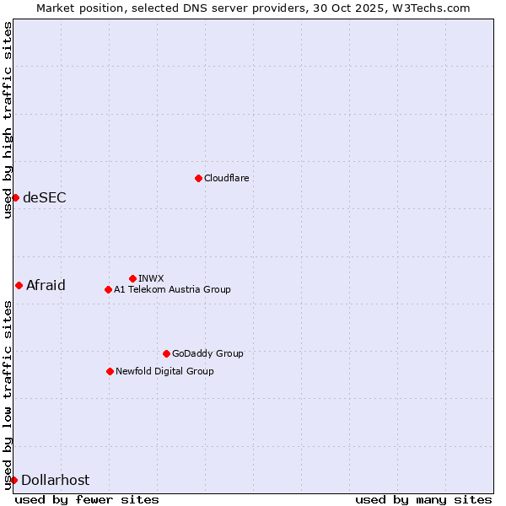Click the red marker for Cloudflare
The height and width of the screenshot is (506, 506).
[198, 178]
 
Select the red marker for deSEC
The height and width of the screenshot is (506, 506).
[15, 197]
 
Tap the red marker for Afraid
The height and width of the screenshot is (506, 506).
[19, 285]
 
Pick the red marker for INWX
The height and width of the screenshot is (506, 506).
[132, 278]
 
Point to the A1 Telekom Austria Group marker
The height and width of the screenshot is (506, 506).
[108, 289]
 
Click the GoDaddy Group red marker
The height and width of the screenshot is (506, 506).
[166, 353]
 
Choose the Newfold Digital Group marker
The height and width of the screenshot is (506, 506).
[110, 371]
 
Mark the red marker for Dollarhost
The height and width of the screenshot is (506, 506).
[13, 480]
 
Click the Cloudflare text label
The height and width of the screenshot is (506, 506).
[227, 178]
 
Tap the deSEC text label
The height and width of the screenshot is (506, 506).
[45, 197]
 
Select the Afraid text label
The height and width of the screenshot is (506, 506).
[46, 285]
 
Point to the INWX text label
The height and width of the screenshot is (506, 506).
[151, 278]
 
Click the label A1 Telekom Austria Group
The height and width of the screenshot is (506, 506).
[172, 289]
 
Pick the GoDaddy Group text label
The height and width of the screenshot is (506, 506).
[207, 353]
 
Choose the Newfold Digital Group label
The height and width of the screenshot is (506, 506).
[164, 371]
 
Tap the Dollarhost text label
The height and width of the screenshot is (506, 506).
[55, 480]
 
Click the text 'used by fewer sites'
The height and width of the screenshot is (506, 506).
[87, 499]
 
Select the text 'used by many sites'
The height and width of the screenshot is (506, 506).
[423, 499]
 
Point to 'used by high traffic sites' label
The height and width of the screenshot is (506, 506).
[8, 120]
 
